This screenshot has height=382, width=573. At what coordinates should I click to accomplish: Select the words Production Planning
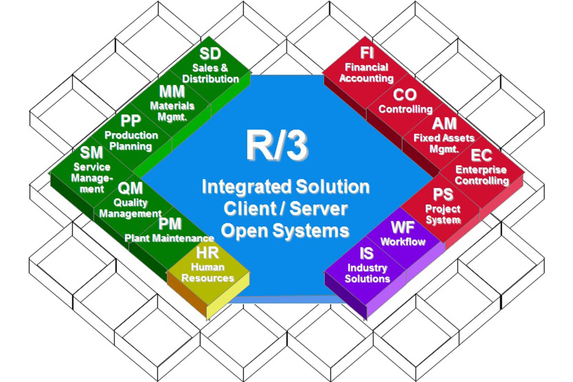click(131, 141)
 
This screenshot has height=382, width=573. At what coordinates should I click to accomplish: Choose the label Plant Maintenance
click(169, 238)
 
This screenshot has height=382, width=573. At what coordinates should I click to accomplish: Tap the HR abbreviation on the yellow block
click(208, 254)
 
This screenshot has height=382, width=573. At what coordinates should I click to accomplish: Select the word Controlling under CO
click(405, 109)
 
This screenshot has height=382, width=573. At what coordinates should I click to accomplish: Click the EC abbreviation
click(482, 156)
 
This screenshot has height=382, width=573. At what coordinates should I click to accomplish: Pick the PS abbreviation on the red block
click(443, 194)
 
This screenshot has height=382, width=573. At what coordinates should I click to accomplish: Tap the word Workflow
click(403, 241)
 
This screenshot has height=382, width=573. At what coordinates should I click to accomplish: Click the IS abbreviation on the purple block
click(367, 253)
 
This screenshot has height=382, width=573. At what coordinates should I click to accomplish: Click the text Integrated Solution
click(286, 187)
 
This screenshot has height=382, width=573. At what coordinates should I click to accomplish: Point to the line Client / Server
click(286, 209)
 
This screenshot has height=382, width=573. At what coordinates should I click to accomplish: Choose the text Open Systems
click(286, 231)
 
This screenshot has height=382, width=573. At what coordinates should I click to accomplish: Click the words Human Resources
click(209, 273)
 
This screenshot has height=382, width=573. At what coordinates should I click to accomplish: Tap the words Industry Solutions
click(367, 273)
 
